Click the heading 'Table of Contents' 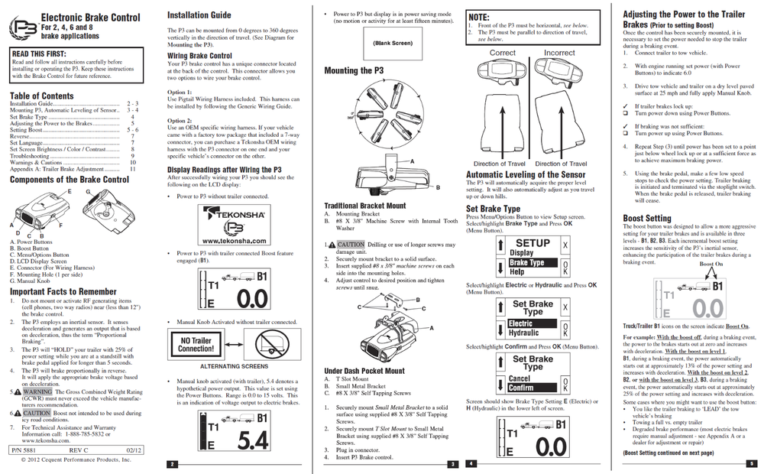[x=42, y=96]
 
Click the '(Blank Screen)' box [x=393, y=44]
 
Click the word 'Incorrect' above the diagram [x=559, y=53]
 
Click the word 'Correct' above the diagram [x=502, y=53]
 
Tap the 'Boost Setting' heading [x=647, y=218]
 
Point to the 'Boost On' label [x=711, y=264]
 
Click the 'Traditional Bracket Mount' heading [x=365, y=206]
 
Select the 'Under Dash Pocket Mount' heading [x=364, y=371]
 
